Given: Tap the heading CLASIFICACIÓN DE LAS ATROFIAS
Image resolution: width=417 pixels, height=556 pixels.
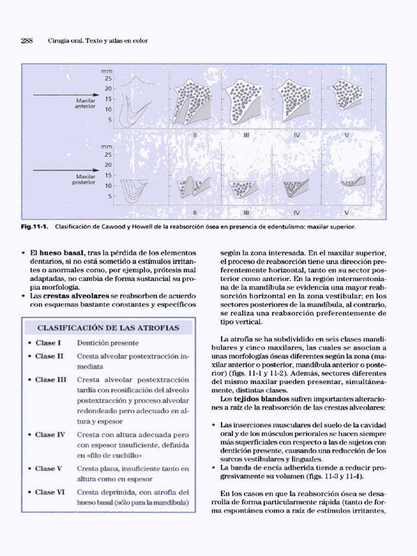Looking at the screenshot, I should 107,327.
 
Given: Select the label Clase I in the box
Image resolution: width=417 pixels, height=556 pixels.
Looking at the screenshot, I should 48,343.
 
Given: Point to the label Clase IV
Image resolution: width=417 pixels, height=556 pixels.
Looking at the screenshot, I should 50,435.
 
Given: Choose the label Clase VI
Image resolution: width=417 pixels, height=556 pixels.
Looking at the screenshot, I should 50,492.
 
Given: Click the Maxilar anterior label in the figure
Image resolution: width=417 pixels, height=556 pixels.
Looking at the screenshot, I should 85,104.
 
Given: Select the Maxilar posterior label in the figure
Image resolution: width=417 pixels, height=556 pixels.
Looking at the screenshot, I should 84,179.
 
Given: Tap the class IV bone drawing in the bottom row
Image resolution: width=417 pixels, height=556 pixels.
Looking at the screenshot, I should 295,187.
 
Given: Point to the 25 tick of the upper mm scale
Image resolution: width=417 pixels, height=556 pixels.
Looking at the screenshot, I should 108,79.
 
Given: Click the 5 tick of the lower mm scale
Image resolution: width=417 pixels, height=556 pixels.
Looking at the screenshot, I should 110,196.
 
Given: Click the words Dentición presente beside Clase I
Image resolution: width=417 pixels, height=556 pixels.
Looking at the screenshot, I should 108,343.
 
